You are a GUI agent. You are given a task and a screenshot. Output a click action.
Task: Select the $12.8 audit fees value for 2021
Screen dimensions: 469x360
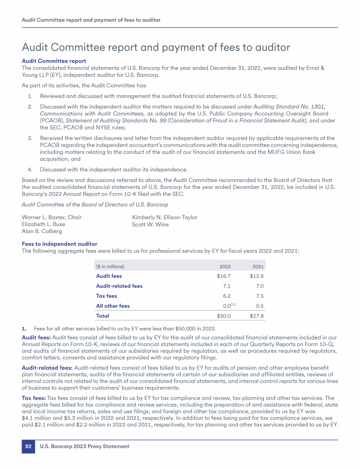pyautogui.click(x=257, y=276)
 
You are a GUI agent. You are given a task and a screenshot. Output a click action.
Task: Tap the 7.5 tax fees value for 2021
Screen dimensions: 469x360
pyautogui.click(x=260, y=296)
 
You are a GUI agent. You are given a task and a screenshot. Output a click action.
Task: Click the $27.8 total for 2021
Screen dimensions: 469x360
pyautogui.click(x=257, y=316)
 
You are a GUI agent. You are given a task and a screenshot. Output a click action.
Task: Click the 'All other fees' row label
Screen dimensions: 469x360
pyautogui.click(x=113, y=306)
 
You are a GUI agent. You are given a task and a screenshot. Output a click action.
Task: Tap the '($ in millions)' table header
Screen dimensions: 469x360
pyautogui.click(x=110, y=266)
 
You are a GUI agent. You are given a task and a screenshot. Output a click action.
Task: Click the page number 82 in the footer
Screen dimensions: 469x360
pyautogui.click(x=28, y=446)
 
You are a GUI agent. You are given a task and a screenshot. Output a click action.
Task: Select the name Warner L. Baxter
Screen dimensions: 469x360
pyautogui.click(x=44, y=217)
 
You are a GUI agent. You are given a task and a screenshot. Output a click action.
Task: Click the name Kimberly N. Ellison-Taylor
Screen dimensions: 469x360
pyautogui.click(x=165, y=217)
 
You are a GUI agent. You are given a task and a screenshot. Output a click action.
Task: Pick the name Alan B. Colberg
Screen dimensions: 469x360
pyautogui.click(x=42, y=231)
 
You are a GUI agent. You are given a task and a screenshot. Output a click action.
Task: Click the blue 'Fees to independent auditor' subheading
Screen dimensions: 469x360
pyautogui.click(x=60, y=244)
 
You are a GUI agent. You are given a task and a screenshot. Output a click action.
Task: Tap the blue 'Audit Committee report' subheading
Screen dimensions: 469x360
pyautogui.click(x=54, y=61)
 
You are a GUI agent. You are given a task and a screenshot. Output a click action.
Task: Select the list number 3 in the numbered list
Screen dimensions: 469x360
pyautogui.click(x=30, y=138)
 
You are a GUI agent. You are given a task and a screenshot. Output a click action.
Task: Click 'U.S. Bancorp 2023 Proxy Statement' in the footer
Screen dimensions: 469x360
pyautogui.click(x=84, y=446)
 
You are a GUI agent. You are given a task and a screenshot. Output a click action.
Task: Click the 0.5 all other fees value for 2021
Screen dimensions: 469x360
pyautogui.click(x=260, y=306)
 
